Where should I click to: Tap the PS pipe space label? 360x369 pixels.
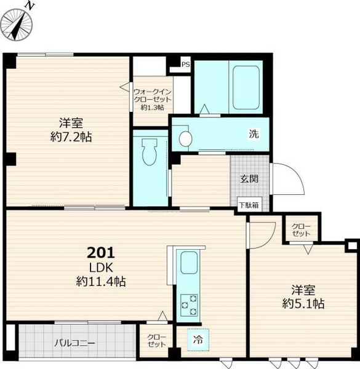(x=185, y=64)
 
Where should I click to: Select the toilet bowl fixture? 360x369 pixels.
(x=150, y=151)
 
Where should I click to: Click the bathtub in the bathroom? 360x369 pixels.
(x=246, y=87)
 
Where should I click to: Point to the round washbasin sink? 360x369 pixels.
(x=185, y=138)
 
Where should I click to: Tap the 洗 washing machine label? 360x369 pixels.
(x=254, y=133)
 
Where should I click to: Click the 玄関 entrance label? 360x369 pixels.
(x=249, y=179)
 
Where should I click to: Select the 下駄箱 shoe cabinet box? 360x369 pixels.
(x=249, y=205)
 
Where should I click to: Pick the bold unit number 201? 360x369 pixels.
(x=101, y=253)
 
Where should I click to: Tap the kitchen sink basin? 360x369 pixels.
(x=188, y=263)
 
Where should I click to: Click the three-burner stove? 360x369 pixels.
(x=189, y=305)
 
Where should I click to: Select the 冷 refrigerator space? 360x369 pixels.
(x=198, y=339)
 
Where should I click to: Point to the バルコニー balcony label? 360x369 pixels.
(x=74, y=343)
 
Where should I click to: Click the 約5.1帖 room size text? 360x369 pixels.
(x=303, y=304)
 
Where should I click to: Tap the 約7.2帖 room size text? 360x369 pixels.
(x=71, y=137)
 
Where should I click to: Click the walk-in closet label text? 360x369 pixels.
(x=153, y=99)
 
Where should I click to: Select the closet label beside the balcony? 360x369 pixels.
(x=156, y=341)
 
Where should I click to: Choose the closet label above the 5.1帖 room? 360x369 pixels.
(x=301, y=230)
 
